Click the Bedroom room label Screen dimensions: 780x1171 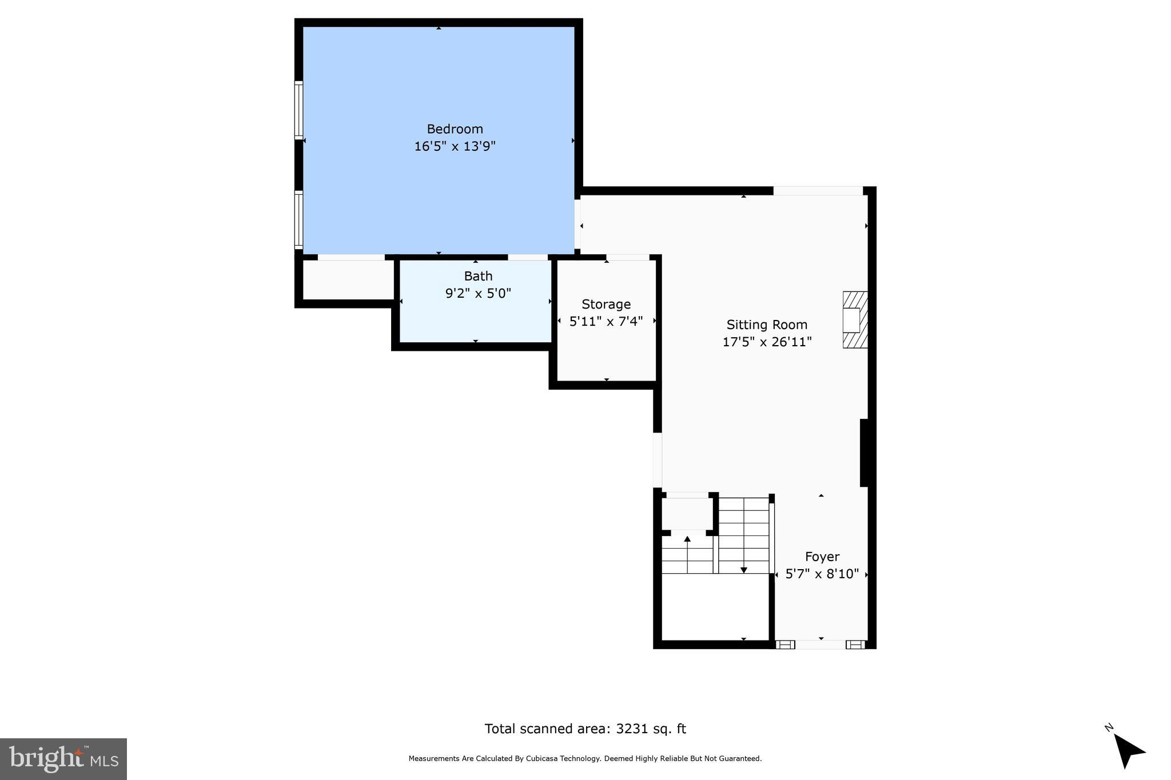(x=455, y=129)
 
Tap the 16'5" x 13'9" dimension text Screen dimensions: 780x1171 (x=455, y=146)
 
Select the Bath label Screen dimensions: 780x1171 (x=478, y=277)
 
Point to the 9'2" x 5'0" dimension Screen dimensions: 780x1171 (x=478, y=294)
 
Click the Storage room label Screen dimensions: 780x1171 (x=606, y=305)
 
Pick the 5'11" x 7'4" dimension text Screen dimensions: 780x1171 (x=606, y=322)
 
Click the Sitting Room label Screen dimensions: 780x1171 (x=767, y=325)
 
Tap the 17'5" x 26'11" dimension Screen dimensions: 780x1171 (x=767, y=342)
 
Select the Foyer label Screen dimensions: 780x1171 (x=822, y=557)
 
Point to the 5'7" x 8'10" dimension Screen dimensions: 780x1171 (x=822, y=574)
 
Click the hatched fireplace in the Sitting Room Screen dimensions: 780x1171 (x=855, y=320)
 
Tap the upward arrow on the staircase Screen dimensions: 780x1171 (x=687, y=539)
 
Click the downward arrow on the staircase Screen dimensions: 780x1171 (x=743, y=569)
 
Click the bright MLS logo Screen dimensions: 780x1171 (x=63, y=759)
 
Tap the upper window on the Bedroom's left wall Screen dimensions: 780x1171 (x=298, y=110)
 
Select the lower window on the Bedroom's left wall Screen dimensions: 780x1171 (x=298, y=219)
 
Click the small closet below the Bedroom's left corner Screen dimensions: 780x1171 (x=348, y=280)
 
